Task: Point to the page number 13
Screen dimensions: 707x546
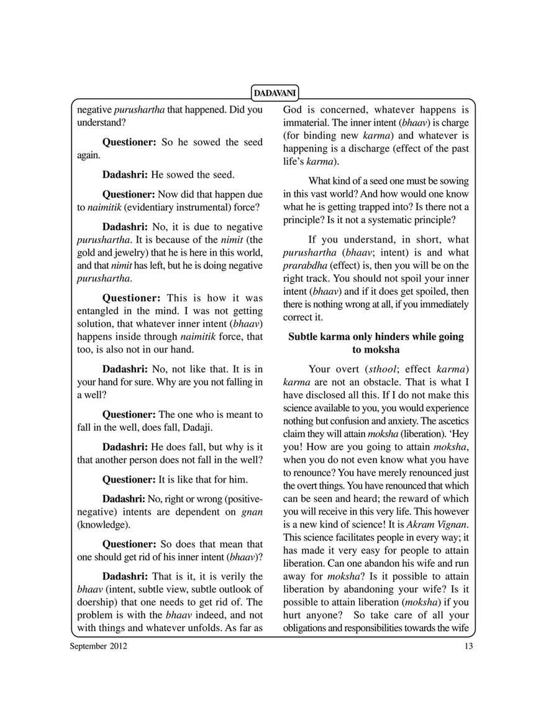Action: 468,646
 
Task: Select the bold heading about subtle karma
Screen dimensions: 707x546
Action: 376,343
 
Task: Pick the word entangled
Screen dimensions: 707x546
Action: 102,310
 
